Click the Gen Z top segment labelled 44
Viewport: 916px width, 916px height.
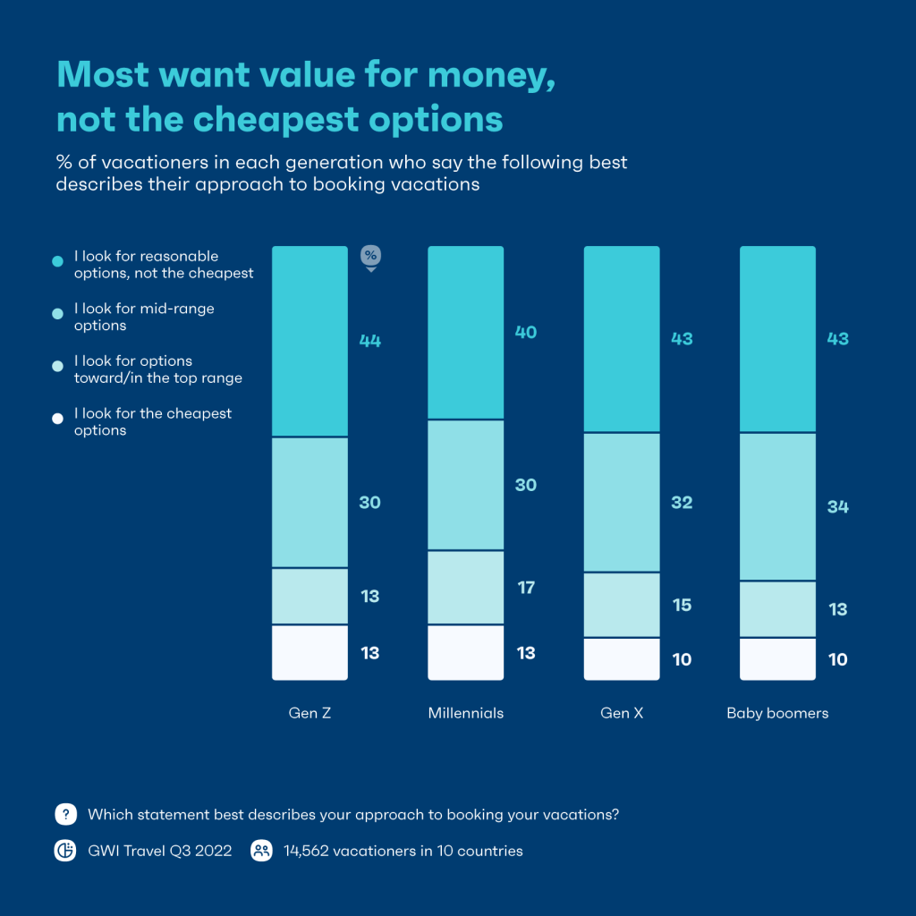point(310,341)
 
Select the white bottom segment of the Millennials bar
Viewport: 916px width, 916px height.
point(465,652)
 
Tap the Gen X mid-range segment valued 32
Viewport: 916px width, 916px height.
point(622,502)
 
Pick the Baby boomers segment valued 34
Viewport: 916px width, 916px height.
point(777,506)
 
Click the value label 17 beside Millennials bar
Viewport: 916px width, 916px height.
point(526,588)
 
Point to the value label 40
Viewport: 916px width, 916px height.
point(526,332)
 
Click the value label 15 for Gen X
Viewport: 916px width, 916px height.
point(682,605)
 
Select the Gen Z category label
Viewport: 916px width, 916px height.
point(310,713)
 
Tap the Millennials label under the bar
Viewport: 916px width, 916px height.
point(465,713)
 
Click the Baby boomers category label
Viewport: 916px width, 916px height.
point(777,713)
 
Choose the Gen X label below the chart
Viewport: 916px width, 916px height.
point(622,713)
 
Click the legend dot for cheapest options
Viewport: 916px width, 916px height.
point(58,419)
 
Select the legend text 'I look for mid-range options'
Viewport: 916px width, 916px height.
point(144,317)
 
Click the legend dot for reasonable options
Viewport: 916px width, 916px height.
point(58,261)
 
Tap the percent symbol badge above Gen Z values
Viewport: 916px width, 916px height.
point(369,256)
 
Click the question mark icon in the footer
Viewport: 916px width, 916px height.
point(65,814)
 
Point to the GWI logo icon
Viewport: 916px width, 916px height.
point(65,851)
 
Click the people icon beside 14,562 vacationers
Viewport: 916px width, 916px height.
point(261,851)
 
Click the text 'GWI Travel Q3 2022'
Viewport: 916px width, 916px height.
point(159,851)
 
